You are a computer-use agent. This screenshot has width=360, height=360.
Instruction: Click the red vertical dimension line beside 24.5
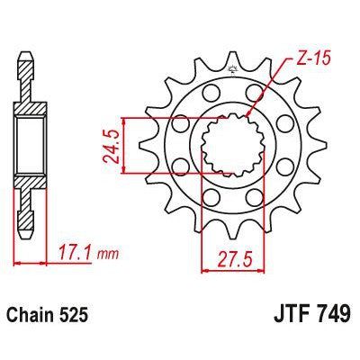pyautogui.click(x=136, y=143)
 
